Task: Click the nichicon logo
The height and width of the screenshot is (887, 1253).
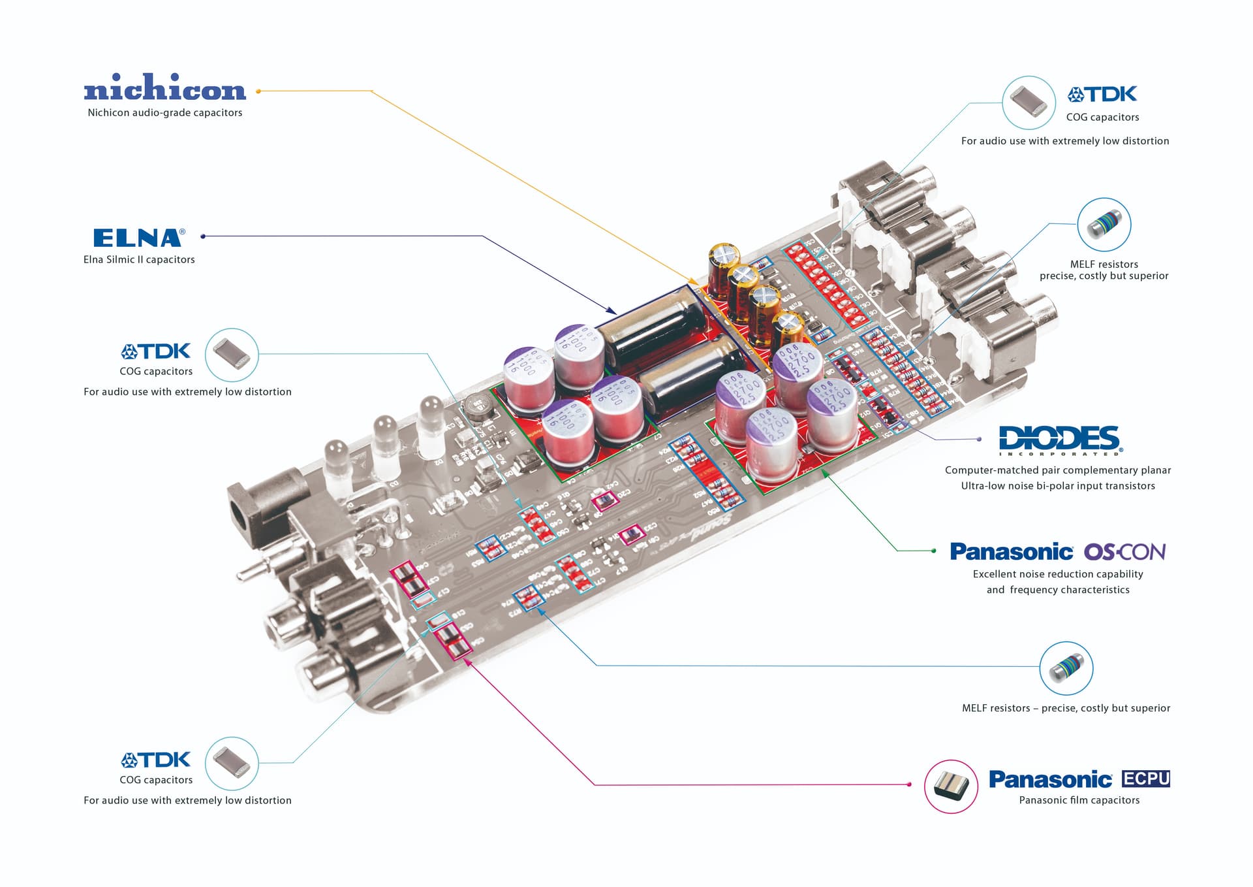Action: [x=164, y=88]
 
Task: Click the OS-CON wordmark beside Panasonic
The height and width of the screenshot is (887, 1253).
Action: [x=1124, y=552]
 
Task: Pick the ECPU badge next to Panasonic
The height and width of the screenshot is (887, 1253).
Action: [x=1145, y=779]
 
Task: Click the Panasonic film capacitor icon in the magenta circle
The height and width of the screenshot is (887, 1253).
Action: [x=951, y=786]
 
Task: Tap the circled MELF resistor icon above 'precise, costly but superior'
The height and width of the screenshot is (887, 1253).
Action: [x=1104, y=225]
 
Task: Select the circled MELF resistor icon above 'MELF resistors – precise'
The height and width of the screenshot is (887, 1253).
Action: [x=1066, y=668]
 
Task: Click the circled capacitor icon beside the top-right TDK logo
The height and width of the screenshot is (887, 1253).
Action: [x=1029, y=103]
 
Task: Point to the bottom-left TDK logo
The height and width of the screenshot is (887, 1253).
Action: [x=156, y=760]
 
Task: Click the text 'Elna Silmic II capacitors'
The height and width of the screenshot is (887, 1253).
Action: [x=139, y=259]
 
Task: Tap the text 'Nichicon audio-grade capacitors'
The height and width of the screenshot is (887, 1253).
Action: [x=165, y=112]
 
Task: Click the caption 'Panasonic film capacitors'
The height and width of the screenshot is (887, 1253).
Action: [x=1079, y=800]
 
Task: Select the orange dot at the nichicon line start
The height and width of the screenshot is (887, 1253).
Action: [x=258, y=91]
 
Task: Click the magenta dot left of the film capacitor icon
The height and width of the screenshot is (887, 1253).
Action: [x=910, y=784]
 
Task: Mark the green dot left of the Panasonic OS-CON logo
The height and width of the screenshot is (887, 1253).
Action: [x=934, y=551]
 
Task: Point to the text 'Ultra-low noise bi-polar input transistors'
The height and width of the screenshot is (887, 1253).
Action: [x=1058, y=486]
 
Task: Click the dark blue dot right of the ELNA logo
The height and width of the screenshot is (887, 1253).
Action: [x=203, y=236]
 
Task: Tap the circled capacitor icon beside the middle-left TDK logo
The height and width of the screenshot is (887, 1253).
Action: [x=232, y=355]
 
